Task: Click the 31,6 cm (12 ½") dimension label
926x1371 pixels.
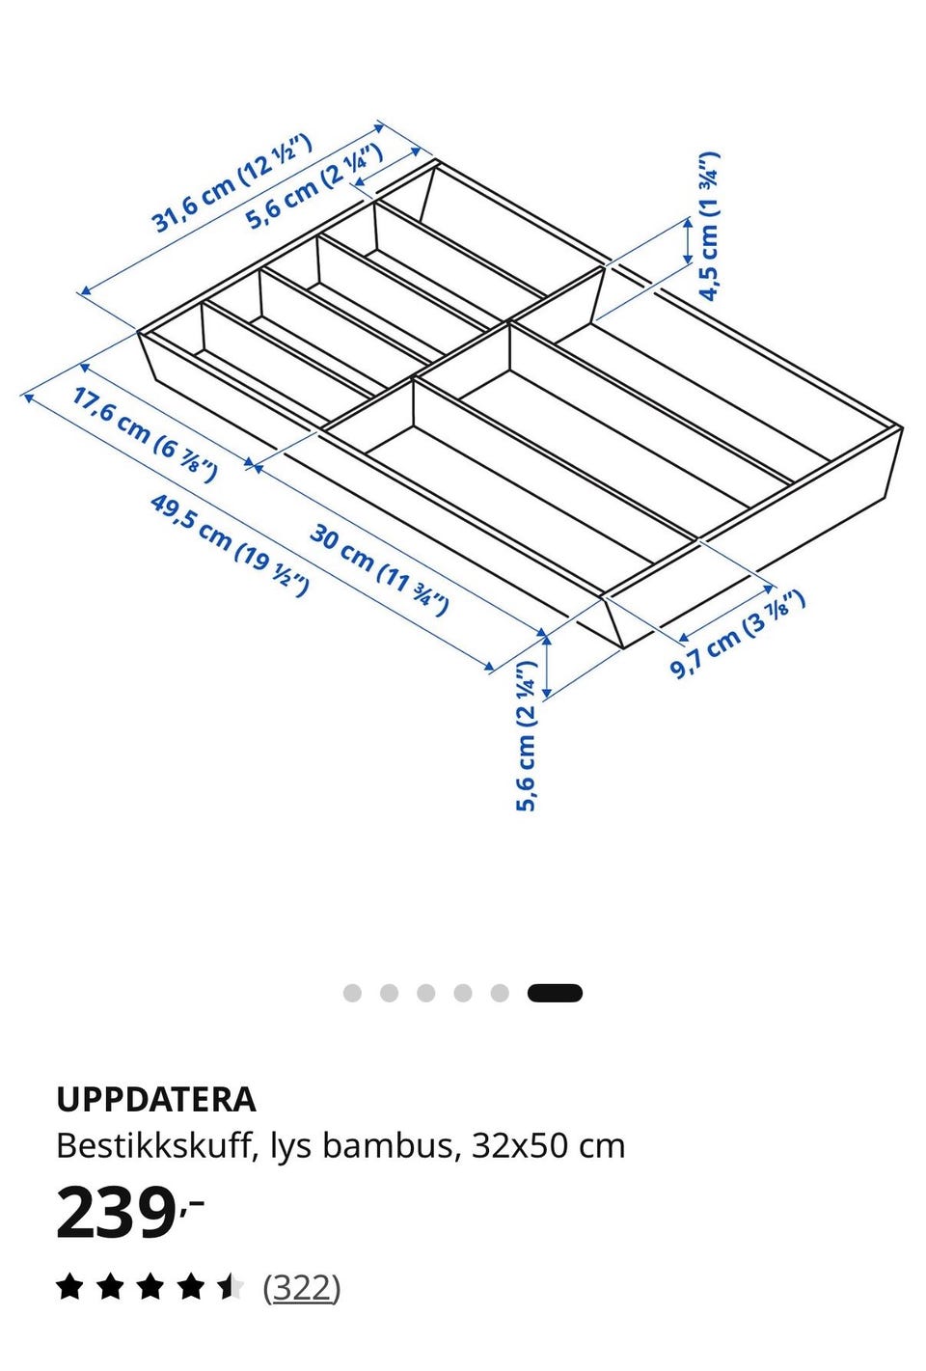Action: click(231, 183)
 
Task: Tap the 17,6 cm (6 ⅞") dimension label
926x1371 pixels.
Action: click(145, 434)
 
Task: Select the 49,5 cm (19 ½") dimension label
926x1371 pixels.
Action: click(230, 545)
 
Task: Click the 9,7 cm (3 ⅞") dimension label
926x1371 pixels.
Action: click(736, 635)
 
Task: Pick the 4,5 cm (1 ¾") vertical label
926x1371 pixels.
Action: click(709, 227)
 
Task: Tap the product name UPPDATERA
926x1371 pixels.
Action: click(156, 1099)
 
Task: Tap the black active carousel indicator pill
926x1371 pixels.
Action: click(555, 993)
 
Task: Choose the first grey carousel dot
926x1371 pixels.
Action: click(352, 993)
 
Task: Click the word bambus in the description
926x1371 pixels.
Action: click(388, 1146)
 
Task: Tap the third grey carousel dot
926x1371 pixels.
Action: click(426, 993)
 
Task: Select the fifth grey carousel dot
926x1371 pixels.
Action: click(500, 993)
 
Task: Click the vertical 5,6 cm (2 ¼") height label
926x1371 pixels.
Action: click(526, 736)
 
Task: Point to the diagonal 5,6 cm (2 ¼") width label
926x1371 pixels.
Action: click(314, 186)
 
